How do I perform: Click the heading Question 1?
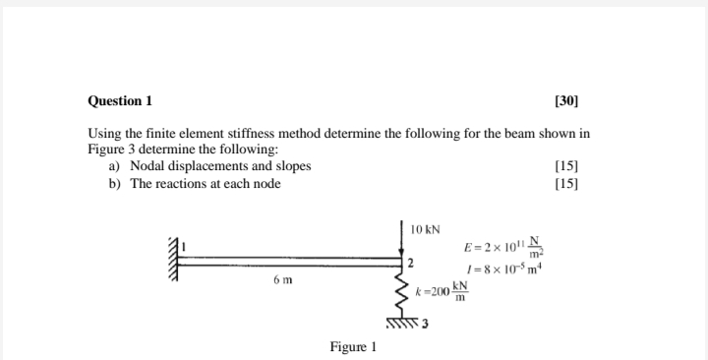click(x=120, y=101)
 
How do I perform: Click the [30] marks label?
click(x=567, y=101)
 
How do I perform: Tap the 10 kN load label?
click(x=425, y=228)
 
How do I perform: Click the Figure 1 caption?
click(x=353, y=346)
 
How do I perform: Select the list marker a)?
click(x=114, y=166)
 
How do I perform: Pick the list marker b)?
click(x=114, y=183)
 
